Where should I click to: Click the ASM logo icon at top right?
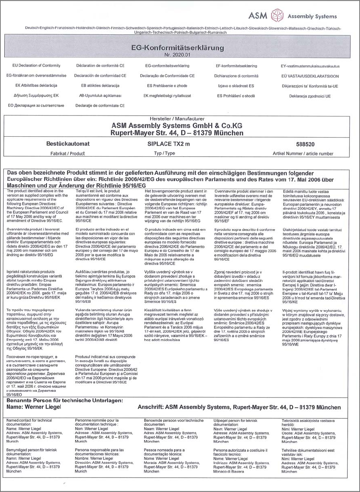277,15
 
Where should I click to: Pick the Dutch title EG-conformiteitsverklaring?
168,66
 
